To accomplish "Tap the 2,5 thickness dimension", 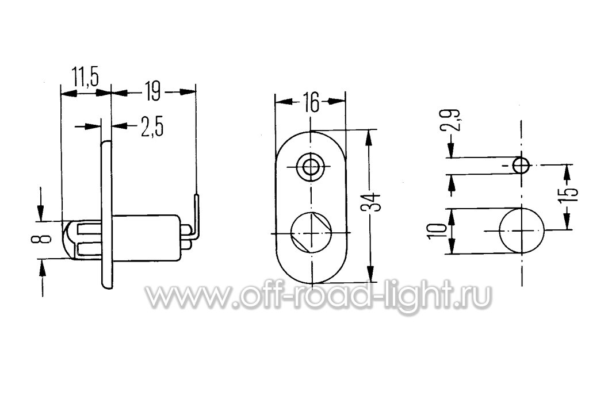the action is point(152,128).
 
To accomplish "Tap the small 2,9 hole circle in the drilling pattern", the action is point(521,165).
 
